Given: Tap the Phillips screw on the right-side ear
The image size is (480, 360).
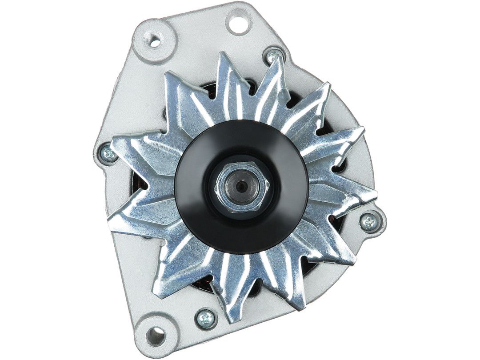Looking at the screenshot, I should pos(369,222).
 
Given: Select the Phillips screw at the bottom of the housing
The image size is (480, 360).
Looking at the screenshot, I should pos(206,318).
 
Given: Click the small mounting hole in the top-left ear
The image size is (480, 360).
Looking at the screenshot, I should pos(155,42).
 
